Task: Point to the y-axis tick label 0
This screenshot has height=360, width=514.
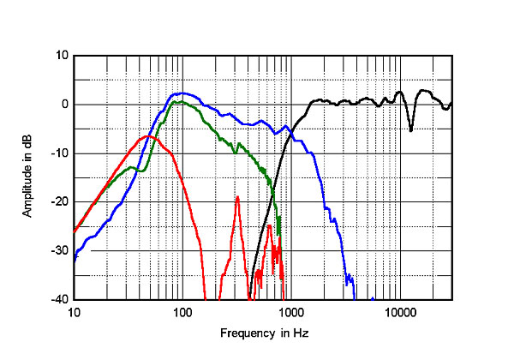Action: [63, 105]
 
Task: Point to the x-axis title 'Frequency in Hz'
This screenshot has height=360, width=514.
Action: [262, 333]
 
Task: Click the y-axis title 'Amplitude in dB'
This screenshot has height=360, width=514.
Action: [28, 177]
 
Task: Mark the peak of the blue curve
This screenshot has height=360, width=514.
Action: [181, 93]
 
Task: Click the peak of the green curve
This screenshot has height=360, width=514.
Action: [176, 101]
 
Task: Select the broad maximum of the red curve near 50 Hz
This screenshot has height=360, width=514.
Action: [149, 135]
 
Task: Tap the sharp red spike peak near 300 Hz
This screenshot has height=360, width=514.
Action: [237, 196]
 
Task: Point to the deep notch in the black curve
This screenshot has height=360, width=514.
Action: [411, 130]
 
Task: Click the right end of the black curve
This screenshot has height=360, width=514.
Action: [451, 104]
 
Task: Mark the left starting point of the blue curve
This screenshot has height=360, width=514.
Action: [75, 259]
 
